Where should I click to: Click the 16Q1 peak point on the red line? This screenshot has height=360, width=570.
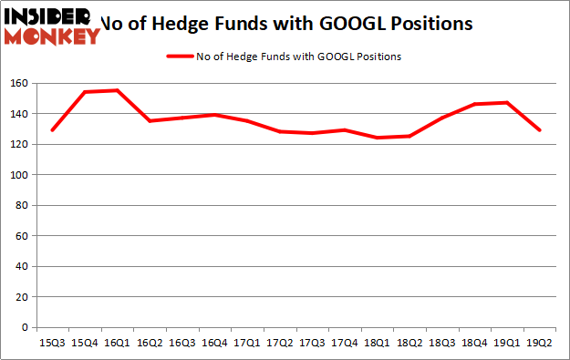(117, 90)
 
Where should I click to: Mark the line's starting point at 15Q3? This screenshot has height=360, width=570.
(52, 130)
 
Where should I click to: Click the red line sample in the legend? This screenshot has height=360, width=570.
(179, 57)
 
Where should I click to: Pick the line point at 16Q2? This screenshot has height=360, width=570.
(150, 121)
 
